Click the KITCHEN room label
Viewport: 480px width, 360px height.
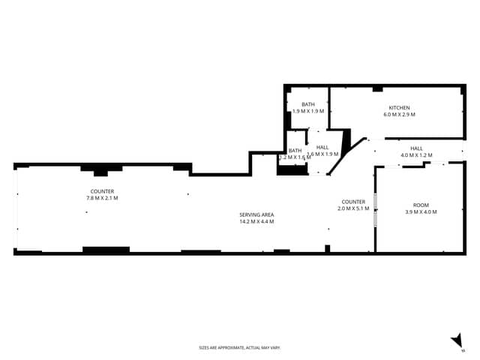coord(399,107)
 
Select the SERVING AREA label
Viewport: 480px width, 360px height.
coord(256,214)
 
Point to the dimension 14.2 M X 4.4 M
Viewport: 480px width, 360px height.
coord(256,222)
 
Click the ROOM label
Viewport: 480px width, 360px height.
coord(420,205)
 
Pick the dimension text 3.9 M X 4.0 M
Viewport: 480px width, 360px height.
coord(420,212)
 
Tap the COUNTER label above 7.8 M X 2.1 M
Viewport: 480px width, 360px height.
coord(102,191)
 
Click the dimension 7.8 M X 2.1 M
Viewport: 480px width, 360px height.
coord(102,198)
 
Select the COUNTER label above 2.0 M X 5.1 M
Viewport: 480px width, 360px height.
coord(353,202)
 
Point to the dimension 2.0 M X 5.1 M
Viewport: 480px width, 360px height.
coord(353,208)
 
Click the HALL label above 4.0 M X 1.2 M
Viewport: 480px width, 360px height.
coord(416,148)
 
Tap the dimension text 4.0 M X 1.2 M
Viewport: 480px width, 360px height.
coord(416,155)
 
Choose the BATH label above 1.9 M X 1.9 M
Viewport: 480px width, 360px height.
coord(308,104)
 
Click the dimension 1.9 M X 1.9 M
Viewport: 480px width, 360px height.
coord(308,111)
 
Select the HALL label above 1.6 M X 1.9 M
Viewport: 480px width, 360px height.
coord(322,147)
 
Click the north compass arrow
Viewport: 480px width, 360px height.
coord(457,342)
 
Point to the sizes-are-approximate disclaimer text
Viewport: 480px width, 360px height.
coord(239,347)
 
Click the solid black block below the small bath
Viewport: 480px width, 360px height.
coord(292,169)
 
